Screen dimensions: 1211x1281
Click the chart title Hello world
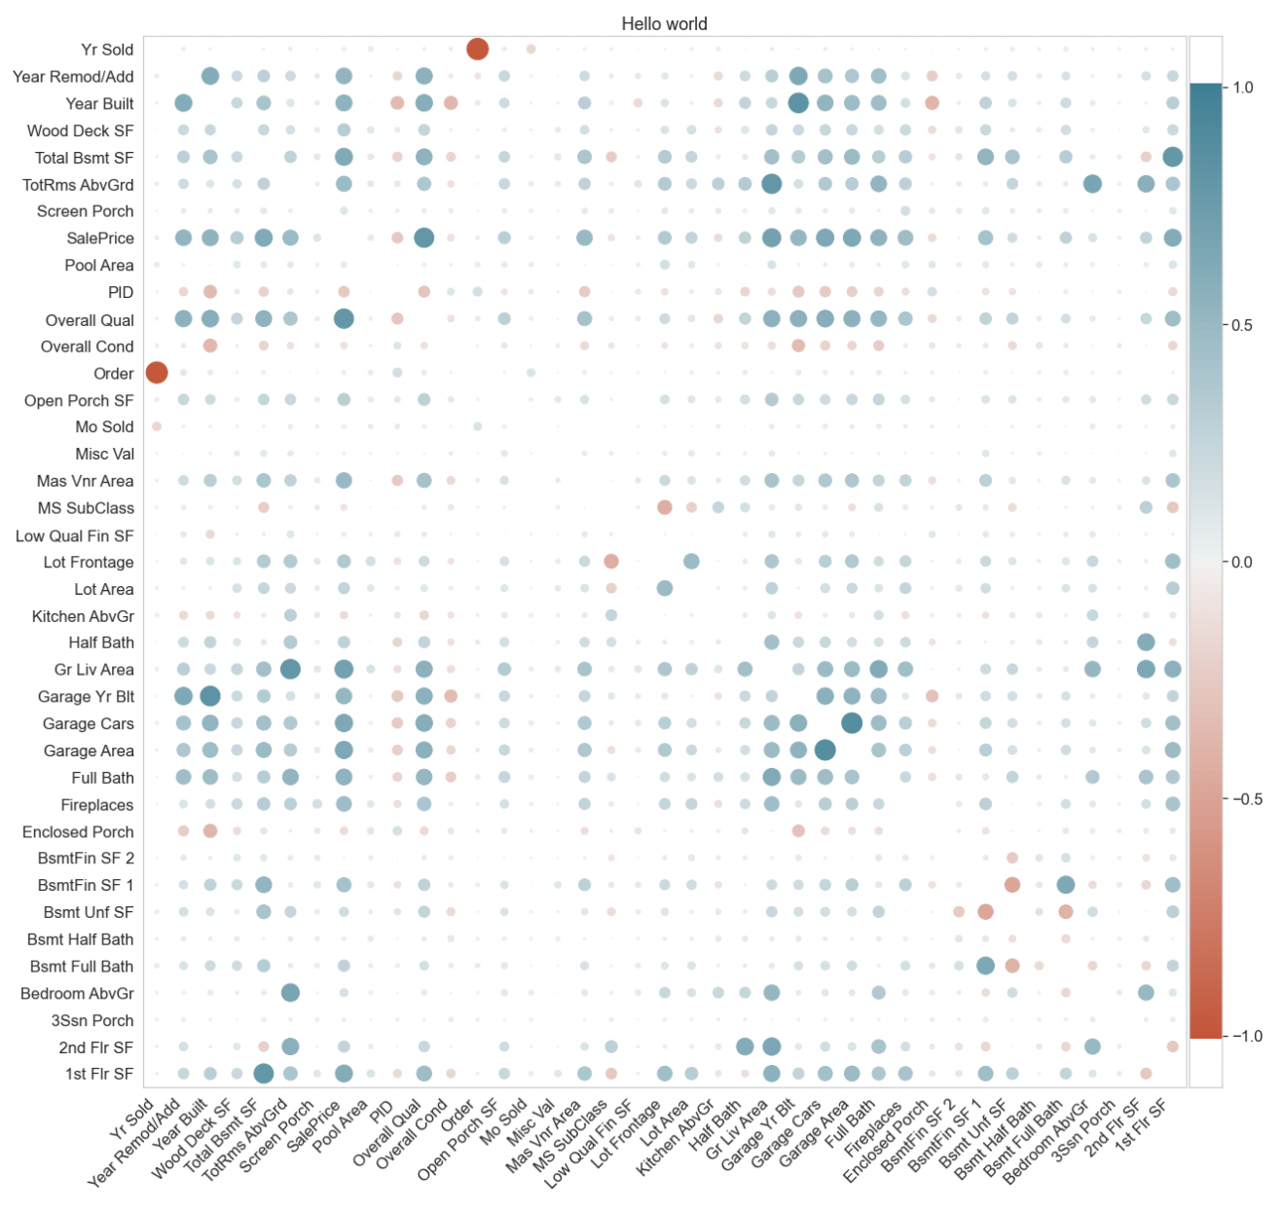(664, 23)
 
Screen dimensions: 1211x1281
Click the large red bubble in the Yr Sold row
(477, 49)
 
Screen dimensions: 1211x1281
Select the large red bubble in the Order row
(156, 372)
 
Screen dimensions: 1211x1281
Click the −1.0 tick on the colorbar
(1238, 1036)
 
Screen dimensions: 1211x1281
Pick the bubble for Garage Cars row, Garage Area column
(852, 722)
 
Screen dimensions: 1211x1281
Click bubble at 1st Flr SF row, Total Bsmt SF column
(263, 1073)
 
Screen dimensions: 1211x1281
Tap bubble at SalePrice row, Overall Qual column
(423, 238)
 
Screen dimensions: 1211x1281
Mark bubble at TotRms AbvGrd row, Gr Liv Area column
(771, 184)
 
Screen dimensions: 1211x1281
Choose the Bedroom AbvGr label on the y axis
(77, 994)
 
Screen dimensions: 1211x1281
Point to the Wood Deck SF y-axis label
(80, 130)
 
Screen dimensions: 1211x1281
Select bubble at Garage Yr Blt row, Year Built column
(209, 696)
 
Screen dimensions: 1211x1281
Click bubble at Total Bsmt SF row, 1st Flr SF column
(1172, 157)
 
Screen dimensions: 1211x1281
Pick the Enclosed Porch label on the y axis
(78, 832)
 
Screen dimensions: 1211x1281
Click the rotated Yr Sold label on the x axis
(131, 1119)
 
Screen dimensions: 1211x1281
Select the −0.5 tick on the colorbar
(1238, 799)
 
